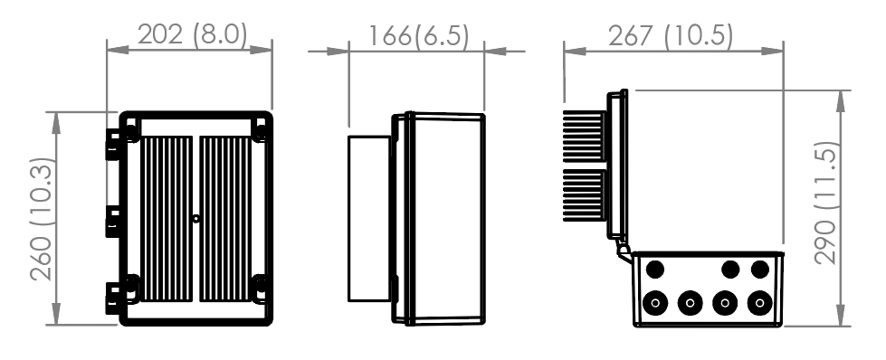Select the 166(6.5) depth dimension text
tap(417, 35)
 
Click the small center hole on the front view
tap(196, 218)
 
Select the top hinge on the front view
tap(113, 144)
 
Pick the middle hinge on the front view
tap(113, 220)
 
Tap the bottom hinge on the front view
tap(113, 297)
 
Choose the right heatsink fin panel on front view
tap(226, 216)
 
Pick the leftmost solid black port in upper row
tap(656, 270)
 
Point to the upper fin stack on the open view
tap(585, 137)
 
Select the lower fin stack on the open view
tap(585, 196)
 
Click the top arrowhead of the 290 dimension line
tap(843, 95)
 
